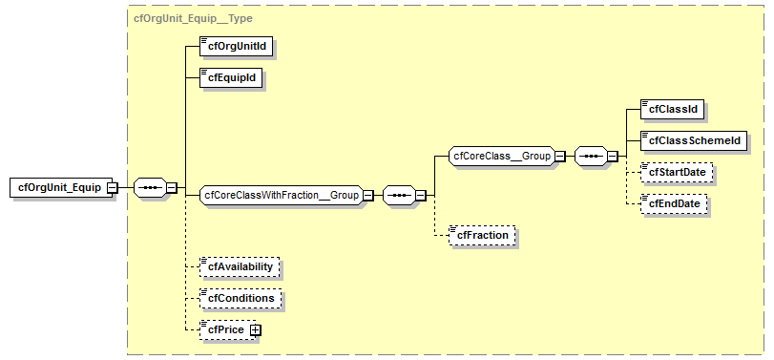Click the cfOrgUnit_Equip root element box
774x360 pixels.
58,187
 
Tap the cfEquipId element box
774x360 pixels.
230,77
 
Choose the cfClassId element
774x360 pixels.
673,109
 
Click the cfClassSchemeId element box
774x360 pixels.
693,140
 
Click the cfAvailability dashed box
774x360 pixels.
240,266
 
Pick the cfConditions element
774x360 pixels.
241,298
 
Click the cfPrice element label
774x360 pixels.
225,329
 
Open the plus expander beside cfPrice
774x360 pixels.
255,330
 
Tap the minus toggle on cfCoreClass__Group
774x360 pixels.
560,156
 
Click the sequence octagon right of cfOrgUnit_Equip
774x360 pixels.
149,187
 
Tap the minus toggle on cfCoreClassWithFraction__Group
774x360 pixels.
367,196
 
